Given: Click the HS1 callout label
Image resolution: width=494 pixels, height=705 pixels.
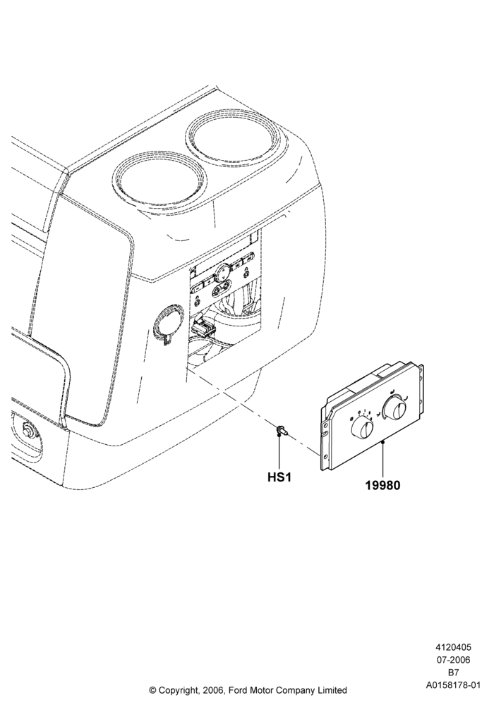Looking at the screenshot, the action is [x=279, y=477].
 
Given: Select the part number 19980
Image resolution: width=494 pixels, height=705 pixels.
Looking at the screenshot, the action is [x=382, y=486].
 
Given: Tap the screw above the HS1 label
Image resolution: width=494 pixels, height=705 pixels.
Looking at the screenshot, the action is [x=282, y=430].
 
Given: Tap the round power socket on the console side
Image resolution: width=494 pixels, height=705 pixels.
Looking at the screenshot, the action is [x=168, y=321].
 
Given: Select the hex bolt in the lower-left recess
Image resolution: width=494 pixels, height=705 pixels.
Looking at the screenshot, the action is [x=29, y=429].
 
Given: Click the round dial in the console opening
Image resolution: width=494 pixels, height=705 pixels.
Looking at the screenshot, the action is [x=224, y=271].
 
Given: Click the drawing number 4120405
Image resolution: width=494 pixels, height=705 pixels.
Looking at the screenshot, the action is [x=452, y=647].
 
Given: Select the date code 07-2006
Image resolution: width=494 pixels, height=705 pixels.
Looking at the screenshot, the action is [x=452, y=660].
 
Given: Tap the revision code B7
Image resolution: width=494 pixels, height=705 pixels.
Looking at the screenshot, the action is [x=453, y=673].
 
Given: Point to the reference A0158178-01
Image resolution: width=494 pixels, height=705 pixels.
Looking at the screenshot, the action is [x=453, y=685].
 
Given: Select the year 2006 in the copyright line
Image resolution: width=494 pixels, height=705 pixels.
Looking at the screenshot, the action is [x=212, y=689].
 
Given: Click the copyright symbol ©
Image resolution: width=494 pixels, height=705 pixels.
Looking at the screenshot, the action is [x=152, y=689].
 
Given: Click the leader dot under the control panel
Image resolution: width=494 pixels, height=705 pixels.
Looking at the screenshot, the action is [x=382, y=443].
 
